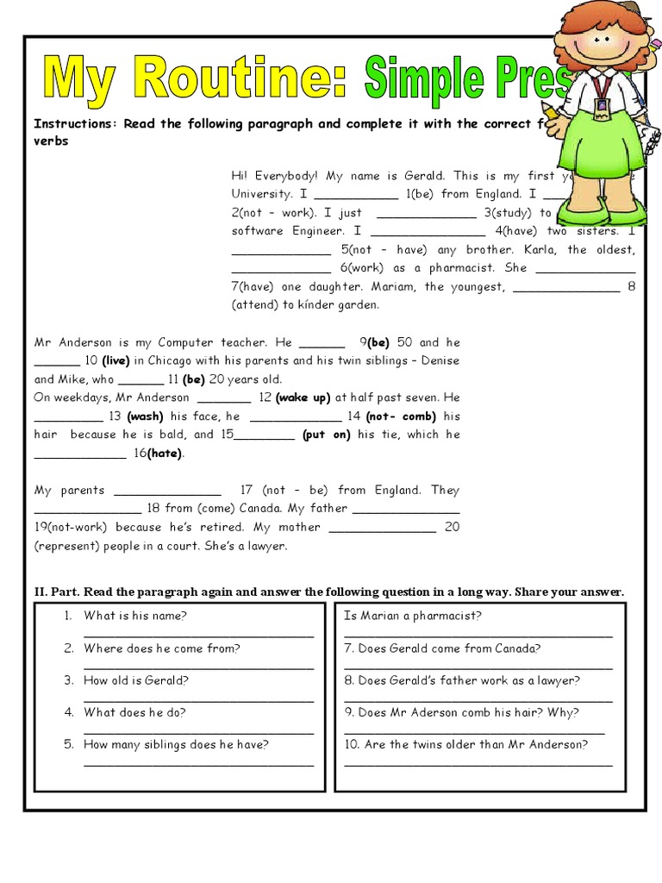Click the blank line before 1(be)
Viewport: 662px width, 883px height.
[350, 195]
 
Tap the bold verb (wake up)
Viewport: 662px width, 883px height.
[303, 398]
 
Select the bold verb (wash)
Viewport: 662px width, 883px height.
[146, 416]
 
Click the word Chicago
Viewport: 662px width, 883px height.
[168, 360]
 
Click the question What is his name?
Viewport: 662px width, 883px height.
[135, 616]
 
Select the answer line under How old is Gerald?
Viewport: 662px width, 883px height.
[198, 699]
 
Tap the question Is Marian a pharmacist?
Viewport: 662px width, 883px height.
[412, 616]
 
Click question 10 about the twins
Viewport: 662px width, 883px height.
[465, 744]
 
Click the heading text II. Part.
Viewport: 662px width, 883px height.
[56, 592]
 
